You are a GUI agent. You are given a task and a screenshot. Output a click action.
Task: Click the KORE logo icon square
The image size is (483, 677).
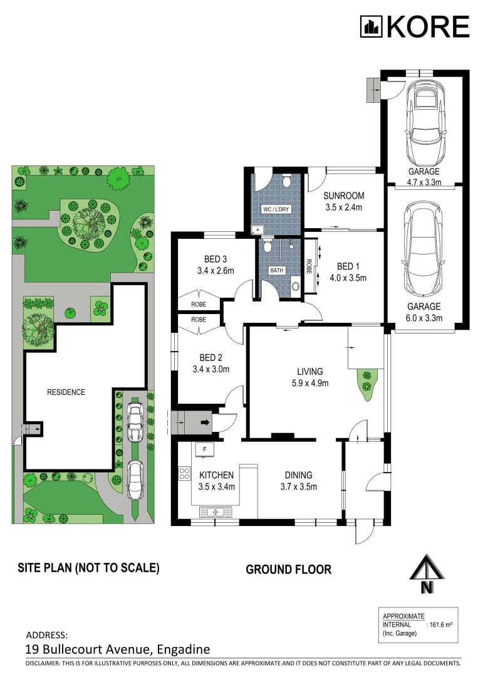[x=371, y=27]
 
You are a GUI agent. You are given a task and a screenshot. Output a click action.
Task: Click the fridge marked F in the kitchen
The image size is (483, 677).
[x=205, y=449]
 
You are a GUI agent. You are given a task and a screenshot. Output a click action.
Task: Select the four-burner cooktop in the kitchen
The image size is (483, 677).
[x=184, y=474]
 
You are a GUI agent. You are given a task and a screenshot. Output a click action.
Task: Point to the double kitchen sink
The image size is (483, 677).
[x=214, y=512]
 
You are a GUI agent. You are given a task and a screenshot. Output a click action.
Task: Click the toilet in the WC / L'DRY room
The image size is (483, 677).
[x=286, y=181]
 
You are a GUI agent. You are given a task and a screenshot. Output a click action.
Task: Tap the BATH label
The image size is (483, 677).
[x=277, y=270]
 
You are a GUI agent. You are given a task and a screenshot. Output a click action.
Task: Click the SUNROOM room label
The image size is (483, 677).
[x=343, y=196]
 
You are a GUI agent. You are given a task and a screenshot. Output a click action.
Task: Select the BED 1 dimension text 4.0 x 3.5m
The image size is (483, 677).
[x=348, y=278]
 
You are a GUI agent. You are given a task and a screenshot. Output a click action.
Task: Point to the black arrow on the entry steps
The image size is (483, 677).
[x=205, y=422]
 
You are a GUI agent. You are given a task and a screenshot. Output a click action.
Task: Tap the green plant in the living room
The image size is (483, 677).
[x=366, y=382]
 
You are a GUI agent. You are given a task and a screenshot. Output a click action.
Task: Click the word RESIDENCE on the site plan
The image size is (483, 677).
[x=66, y=392]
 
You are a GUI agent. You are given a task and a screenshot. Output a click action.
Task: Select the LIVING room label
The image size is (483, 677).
[x=310, y=371]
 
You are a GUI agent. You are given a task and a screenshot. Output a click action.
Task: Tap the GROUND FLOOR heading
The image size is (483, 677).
[x=288, y=569]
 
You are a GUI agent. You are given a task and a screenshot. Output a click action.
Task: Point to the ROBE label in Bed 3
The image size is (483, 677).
[x=199, y=305]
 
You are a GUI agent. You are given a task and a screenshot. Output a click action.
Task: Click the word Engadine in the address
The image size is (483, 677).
[x=184, y=650]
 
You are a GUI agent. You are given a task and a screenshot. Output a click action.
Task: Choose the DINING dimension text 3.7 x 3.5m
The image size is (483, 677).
[x=299, y=486]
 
